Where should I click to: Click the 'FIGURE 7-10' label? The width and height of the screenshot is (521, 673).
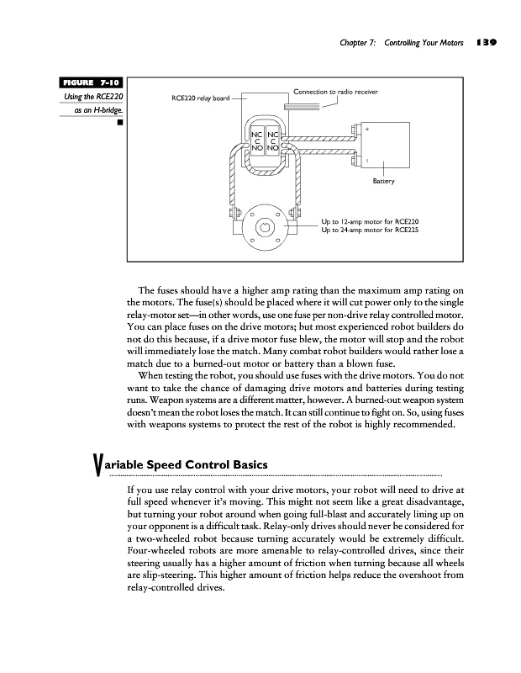click(x=92, y=83)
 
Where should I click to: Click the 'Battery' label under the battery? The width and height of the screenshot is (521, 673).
click(x=382, y=181)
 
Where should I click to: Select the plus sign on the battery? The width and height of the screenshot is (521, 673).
click(x=367, y=129)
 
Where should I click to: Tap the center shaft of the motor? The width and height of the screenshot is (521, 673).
click(x=266, y=225)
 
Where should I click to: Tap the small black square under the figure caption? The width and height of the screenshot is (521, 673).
click(x=121, y=123)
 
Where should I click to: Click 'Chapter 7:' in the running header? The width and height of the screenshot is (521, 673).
click(x=360, y=41)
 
